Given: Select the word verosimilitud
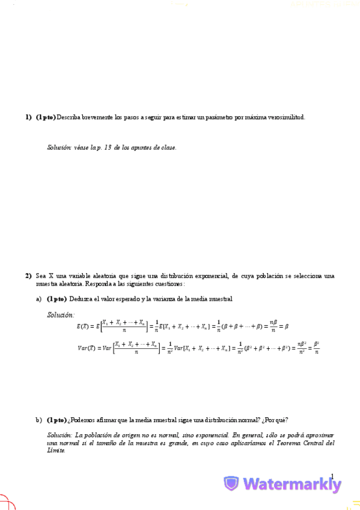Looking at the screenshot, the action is [285, 117].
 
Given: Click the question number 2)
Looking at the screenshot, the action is [28, 276].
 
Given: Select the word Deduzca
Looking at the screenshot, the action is [81, 299].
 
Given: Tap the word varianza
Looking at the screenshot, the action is [155, 299].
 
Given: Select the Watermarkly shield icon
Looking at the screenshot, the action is [231, 484].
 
